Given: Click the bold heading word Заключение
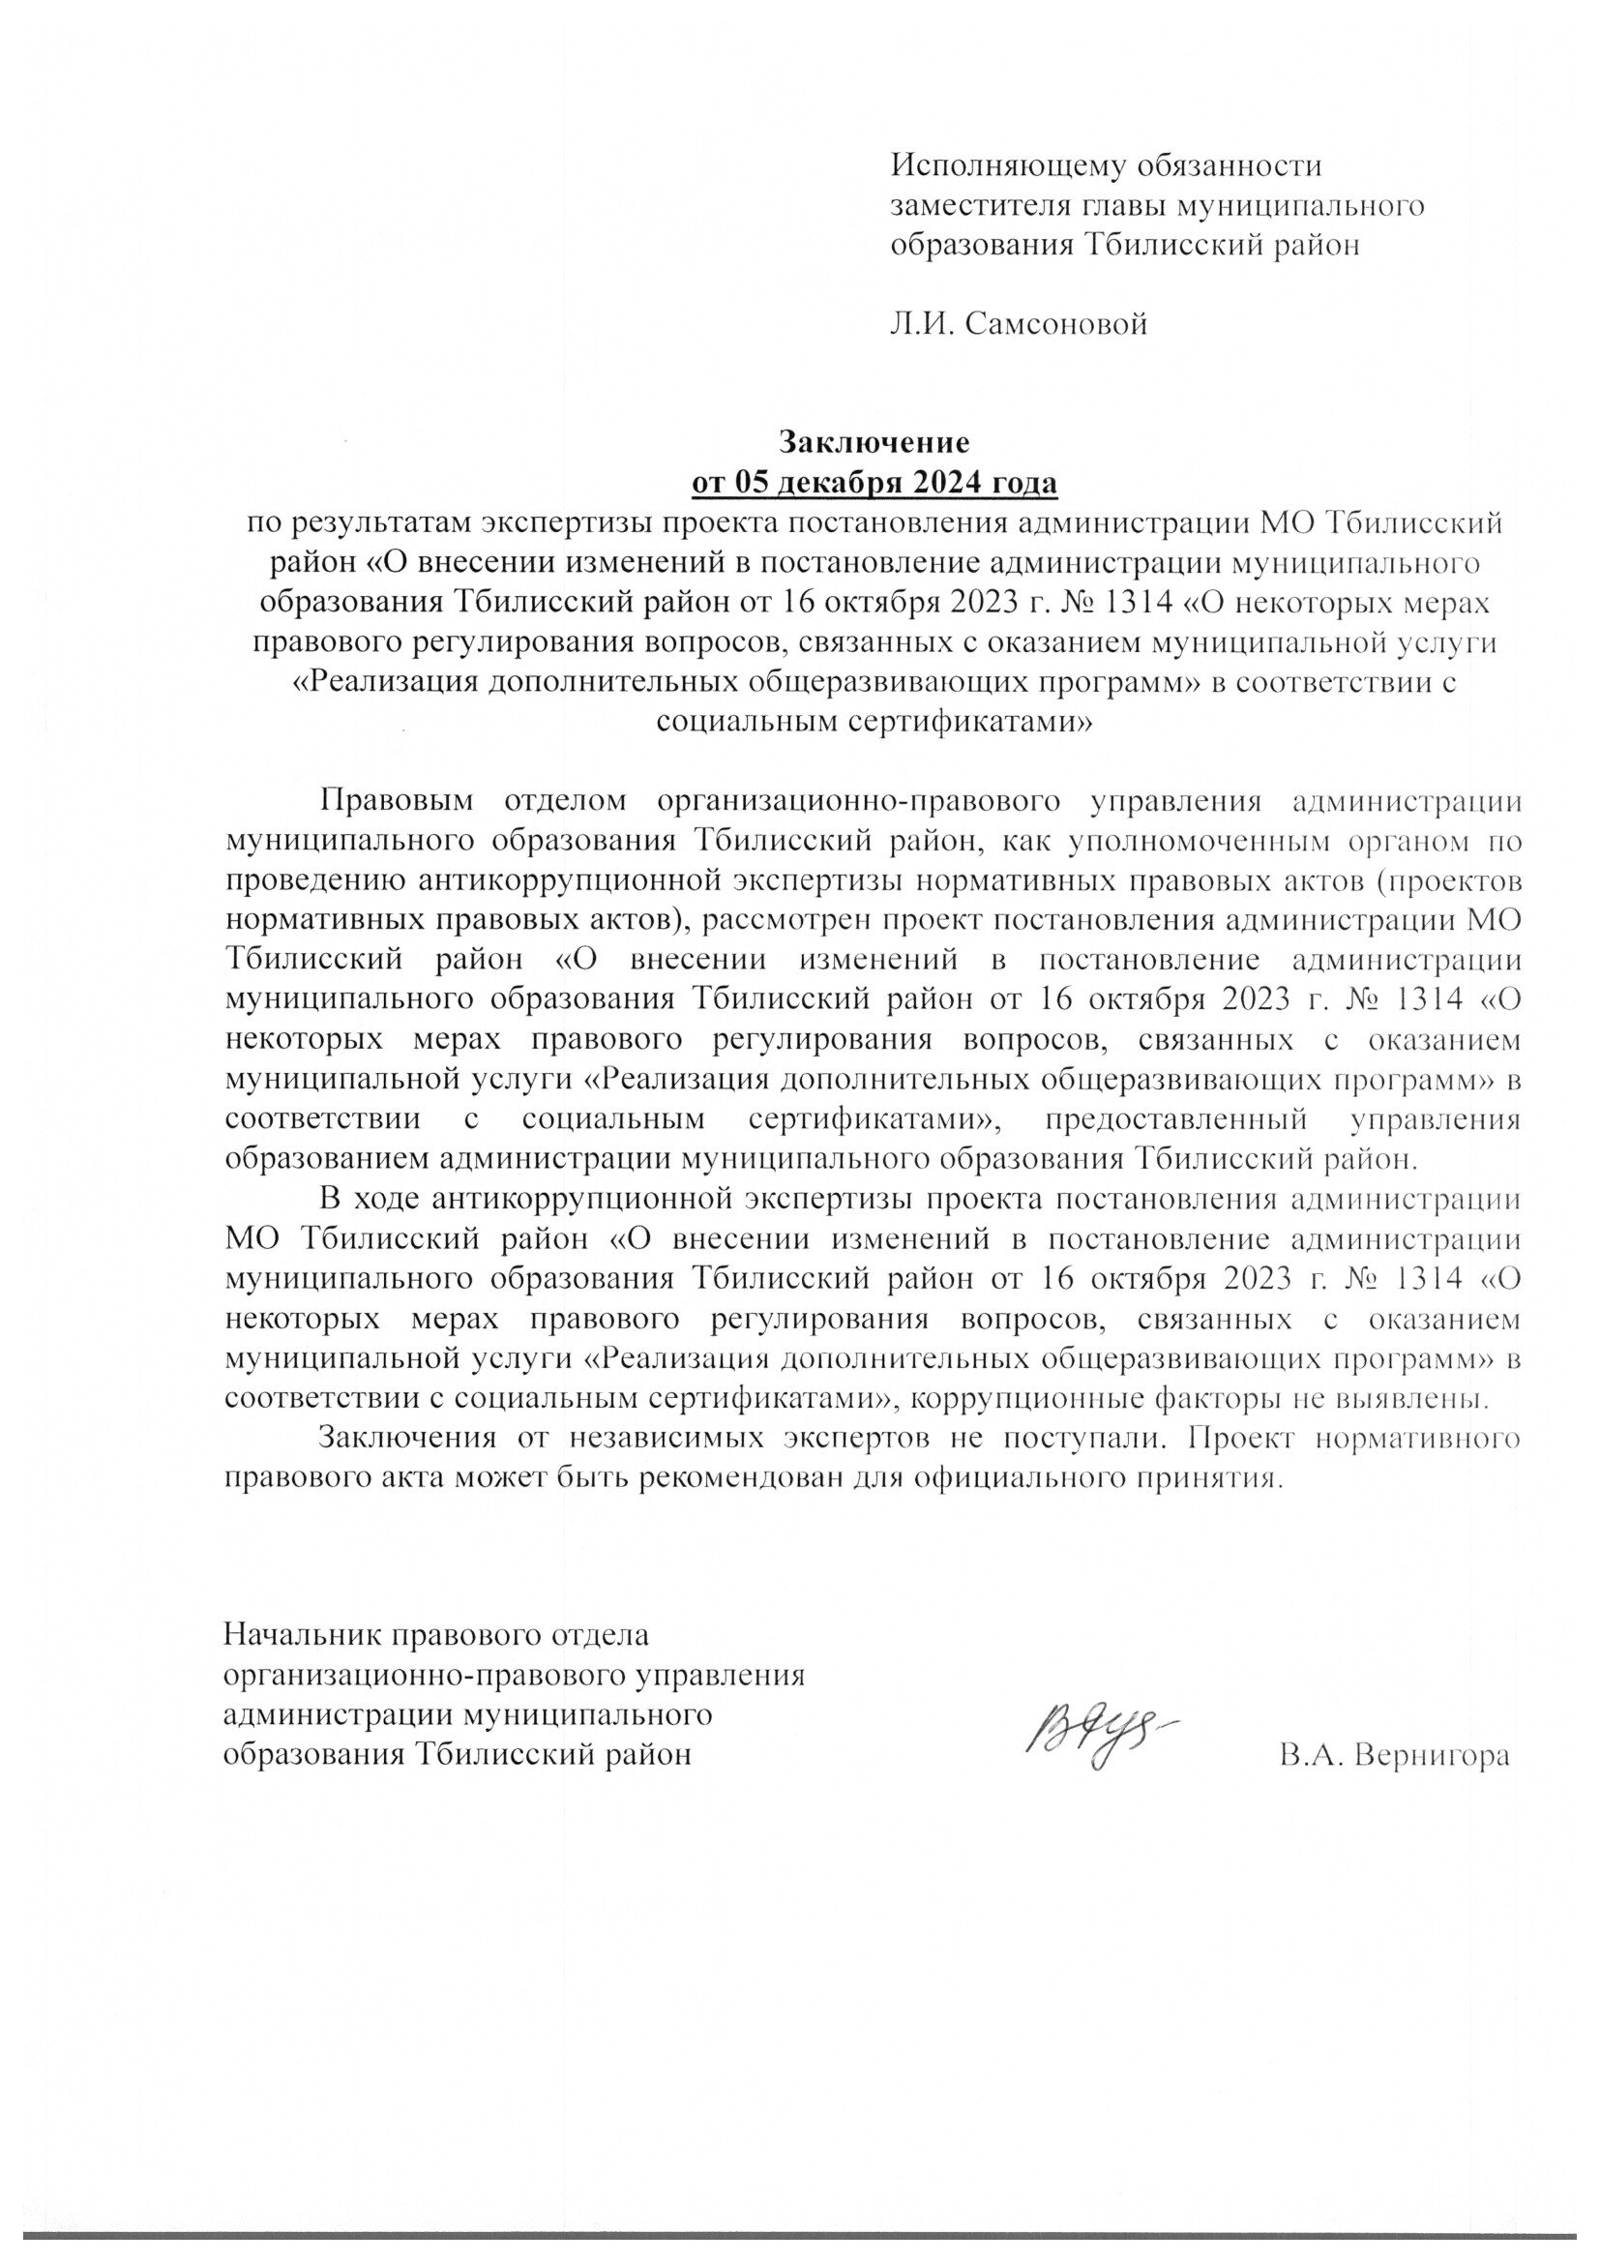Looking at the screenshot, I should tap(874, 440).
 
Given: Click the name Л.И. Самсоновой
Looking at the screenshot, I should tap(1020, 323).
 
